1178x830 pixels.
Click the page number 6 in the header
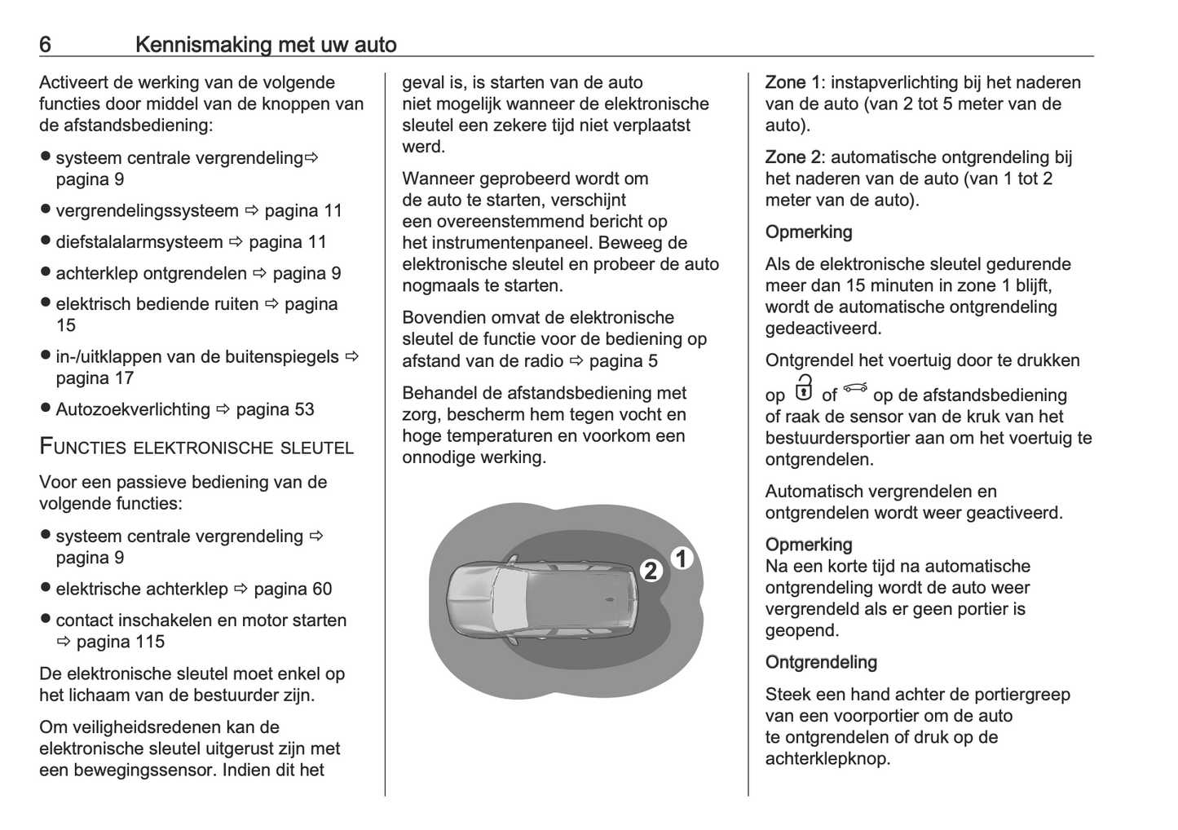click(x=45, y=44)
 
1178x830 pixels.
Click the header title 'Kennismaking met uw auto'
click(x=266, y=44)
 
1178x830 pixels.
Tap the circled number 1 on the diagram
click(x=682, y=558)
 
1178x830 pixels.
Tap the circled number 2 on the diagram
click(x=650, y=571)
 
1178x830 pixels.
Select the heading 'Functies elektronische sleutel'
click(x=196, y=447)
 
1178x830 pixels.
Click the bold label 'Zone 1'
click(x=792, y=82)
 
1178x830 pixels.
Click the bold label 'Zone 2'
click(x=792, y=157)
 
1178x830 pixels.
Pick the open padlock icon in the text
click(x=804, y=389)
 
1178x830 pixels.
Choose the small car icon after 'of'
click(x=855, y=388)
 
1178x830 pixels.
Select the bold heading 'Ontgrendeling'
click(x=821, y=662)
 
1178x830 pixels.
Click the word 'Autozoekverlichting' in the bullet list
click(x=133, y=409)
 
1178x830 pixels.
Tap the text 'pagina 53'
click(x=275, y=409)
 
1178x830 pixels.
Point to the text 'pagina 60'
click(x=293, y=589)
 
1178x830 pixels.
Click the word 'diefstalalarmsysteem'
click(x=139, y=242)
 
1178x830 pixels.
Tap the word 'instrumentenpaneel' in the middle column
click(x=505, y=243)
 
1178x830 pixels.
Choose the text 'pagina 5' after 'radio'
click(x=624, y=361)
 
